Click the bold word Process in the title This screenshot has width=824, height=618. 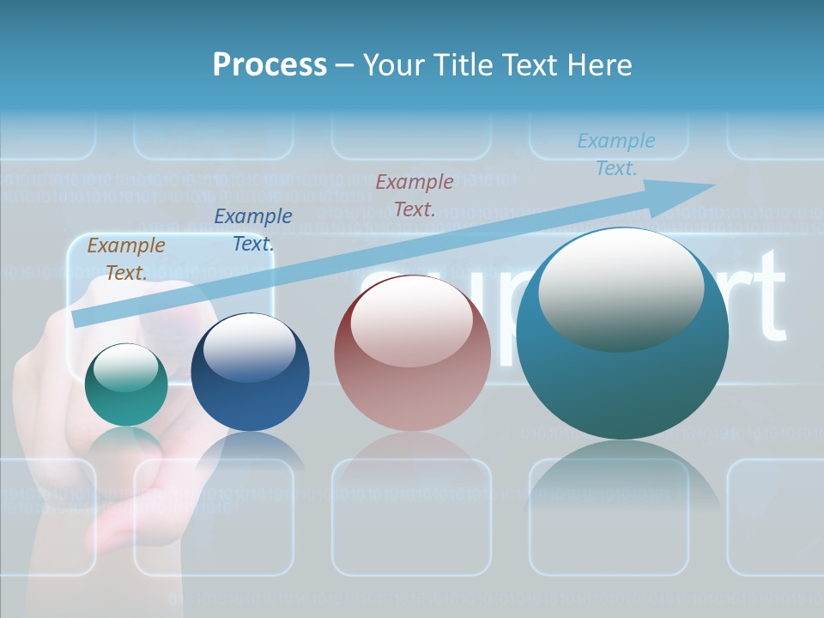coord(270,65)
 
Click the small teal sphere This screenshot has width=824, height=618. coord(126,399)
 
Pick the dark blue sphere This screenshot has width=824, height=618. coord(250,399)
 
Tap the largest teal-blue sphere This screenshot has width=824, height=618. coord(622,386)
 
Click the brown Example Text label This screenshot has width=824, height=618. coord(126,259)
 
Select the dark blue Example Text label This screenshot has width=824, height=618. coord(253,230)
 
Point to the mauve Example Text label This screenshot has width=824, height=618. coord(415,195)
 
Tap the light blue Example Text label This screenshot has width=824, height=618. coord(616,154)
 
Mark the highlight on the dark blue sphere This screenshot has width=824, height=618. coord(250,348)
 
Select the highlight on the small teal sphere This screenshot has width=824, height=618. coord(125,367)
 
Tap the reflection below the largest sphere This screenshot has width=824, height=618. coord(622,481)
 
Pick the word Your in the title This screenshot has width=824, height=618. coord(393,65)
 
